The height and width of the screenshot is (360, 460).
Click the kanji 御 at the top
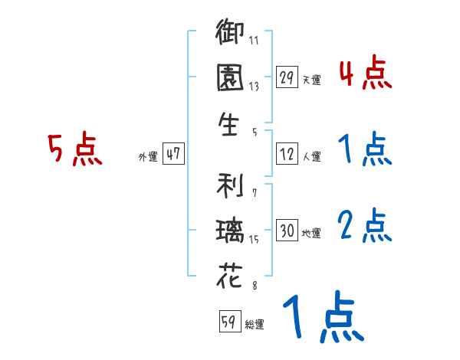coord(230,35)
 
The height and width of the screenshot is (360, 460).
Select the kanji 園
coord(230,78)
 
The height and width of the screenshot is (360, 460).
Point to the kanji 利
coord(230,186)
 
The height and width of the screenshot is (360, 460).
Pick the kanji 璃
coord(230,231)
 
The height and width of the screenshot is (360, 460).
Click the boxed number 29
coord(286,77)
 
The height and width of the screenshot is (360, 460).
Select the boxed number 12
coord(286,155)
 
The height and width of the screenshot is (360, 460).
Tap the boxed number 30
coord(286,231)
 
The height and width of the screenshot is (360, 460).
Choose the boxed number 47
coord(173,154)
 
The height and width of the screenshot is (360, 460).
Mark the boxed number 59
coord(228,322)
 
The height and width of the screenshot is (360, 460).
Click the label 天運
coord(312,80)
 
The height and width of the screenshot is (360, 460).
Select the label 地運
coord(312,233)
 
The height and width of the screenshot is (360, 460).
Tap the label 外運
coord(148,156)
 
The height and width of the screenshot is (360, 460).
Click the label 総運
coord(255,325)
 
